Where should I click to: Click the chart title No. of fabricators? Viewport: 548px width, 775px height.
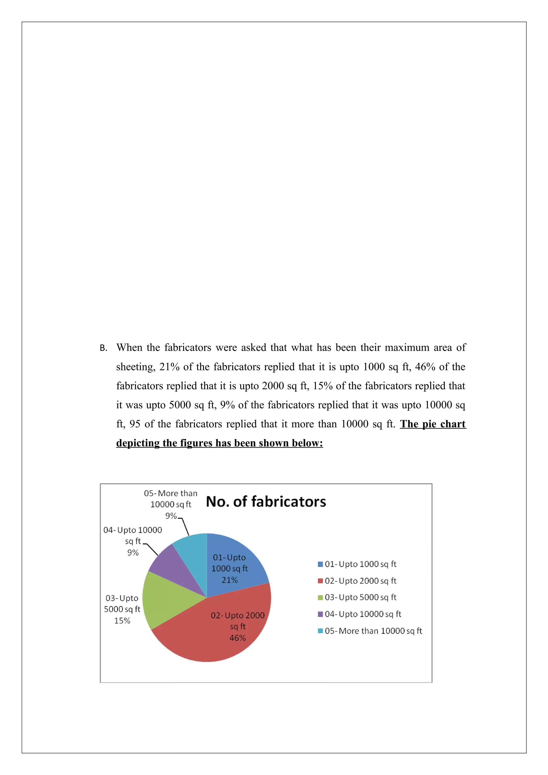266,502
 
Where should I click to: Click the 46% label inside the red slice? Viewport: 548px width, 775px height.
237,638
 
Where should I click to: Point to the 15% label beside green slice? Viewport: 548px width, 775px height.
122,620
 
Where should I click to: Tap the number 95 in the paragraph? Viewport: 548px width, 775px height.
135,424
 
